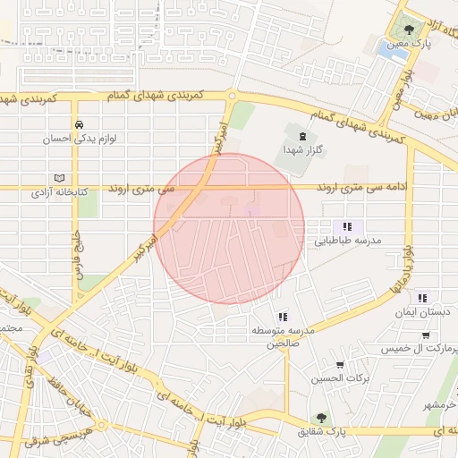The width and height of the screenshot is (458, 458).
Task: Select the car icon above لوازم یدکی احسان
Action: pyautogui.click(x=80, y=124)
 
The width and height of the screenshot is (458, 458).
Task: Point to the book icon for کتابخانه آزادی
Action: pyautogui.click(x=59, y=177)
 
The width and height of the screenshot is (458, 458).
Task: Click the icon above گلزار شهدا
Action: pyautogui.click(x=301, y=135)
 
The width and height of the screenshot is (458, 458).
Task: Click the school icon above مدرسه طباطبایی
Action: pyautogui.click(x=346, y=226)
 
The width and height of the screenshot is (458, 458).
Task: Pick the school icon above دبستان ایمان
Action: pyautogui.click(x=421, y=298)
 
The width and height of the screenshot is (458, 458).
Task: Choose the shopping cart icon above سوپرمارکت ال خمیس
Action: pyautogui.click(x=425, y=335)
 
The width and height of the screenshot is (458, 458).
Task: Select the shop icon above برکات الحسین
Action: pyautogui.click(x=340, y=364)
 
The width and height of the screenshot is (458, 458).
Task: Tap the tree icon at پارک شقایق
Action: pyautogui.click(x=320, y=418)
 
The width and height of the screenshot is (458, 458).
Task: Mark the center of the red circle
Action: pyautogui.click(x=229, y=229)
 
